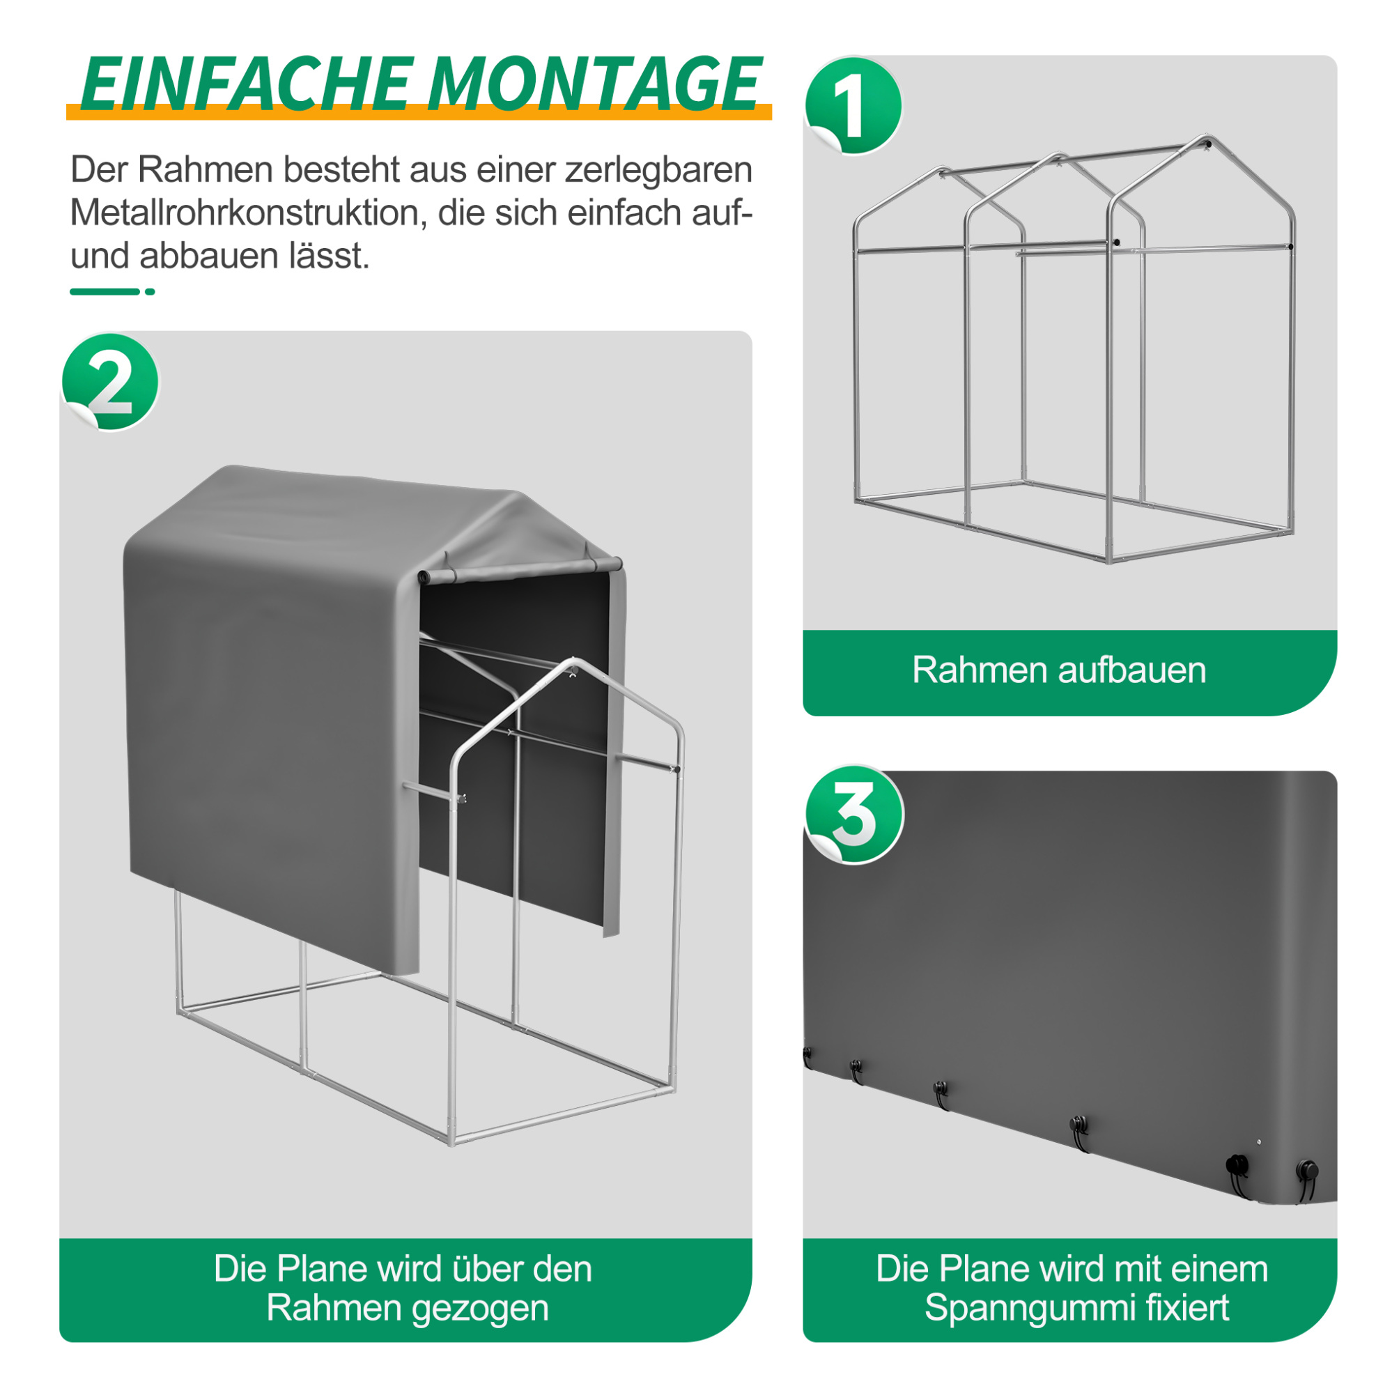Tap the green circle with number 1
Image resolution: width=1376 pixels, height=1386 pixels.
pos(852,106)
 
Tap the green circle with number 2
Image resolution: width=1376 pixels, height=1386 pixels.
pos(111,383)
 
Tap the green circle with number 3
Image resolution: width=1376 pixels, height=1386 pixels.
pos(853,814)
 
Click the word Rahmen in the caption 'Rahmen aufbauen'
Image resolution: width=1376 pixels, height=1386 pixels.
pos(979,670)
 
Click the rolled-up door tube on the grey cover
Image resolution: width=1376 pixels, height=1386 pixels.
pos(520,569)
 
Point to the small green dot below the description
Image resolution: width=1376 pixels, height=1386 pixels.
pos(150,292)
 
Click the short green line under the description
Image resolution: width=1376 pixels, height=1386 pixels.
pos(105,292)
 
